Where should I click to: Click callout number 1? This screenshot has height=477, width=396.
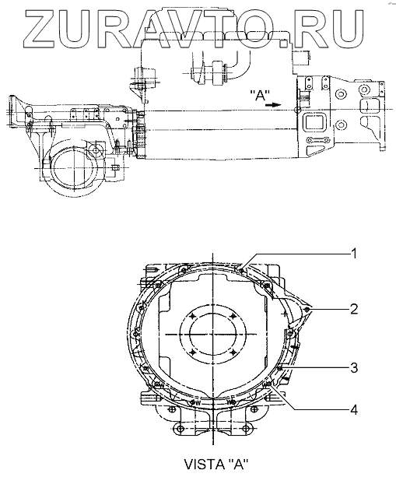(x=353, y=254)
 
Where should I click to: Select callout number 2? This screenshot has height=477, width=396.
(x=353, y=310)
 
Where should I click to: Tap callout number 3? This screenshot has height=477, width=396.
(x=353, y=368)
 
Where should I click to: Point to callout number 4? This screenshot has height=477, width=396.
(x=353, y=410)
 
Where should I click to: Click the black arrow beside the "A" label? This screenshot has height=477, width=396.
(x=273, y=105)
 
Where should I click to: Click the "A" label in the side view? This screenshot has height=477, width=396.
(x=259, y=95)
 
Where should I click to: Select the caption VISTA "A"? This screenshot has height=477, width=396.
(x=216, y=464)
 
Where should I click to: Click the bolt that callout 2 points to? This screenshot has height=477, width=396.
(x=307, y=310)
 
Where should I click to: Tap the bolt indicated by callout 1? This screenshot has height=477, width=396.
(x=241, y=269)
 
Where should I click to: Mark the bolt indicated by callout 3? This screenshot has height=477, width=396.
(x=280, y=368)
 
